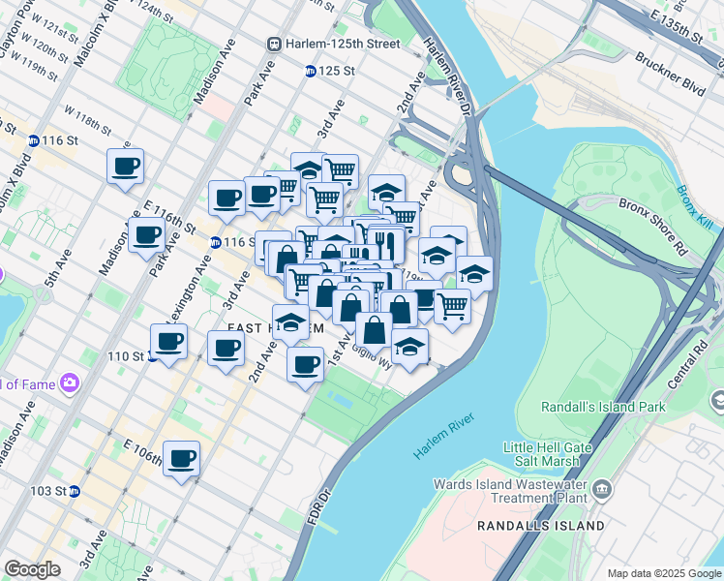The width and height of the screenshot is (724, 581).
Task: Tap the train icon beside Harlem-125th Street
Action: click(x=275, y=45)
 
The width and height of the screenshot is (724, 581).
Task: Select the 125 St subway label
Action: click(x=336, y=71)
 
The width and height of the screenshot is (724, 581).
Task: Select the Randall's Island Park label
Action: click(x=604, y=407)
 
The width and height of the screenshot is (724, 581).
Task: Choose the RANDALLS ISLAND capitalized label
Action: click(x=540, y=526)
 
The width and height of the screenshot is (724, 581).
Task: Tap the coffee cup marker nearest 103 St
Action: click(x=181, y=458)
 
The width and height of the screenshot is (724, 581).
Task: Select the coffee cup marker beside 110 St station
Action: click(x=169, y=342)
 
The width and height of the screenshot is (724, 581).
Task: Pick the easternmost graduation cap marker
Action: click(x=473, y=273)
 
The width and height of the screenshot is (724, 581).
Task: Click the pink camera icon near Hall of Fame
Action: click(x=68, y=383)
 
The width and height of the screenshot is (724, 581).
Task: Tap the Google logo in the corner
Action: click(x=32, y=568)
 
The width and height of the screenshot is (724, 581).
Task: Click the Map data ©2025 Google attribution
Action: click(x=663, y=573)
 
